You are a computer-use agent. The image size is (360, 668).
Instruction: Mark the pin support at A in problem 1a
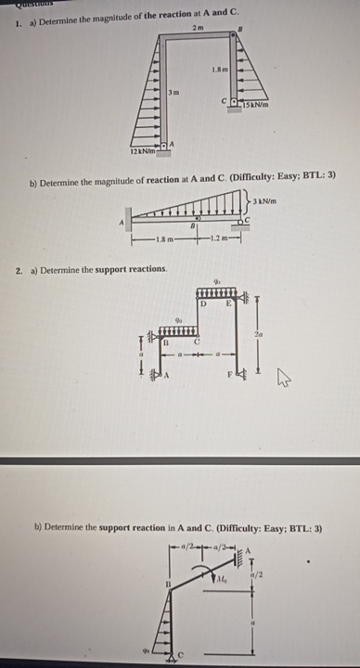click(164, 145)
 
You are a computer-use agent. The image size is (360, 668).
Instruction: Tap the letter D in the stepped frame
click(202, 303)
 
